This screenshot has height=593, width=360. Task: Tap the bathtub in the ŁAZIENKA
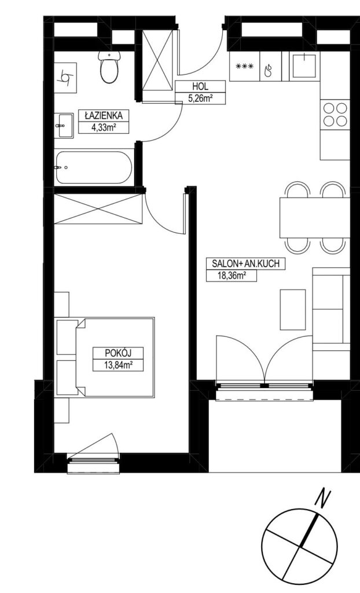[93, 167]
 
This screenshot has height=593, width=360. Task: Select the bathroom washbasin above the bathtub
[64, 125]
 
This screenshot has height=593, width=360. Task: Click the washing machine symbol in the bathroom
[65, 78]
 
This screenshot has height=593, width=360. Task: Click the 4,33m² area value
[103, 127]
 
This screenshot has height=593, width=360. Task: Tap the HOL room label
[200, 86]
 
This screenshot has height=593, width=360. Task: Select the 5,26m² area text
[200, 98]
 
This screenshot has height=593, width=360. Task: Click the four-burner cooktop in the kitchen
[335, 114]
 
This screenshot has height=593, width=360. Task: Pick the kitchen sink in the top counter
[304, 65]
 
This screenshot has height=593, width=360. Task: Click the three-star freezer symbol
[244, 67]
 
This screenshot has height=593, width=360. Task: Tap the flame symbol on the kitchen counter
[268, 71]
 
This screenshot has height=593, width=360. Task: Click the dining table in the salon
[315, 218]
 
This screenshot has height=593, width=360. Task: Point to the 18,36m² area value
[231, 276]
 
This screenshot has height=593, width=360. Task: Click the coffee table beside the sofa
[292, 309]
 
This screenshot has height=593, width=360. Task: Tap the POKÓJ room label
[118, 353]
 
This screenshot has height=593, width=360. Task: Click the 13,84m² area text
[118, 365]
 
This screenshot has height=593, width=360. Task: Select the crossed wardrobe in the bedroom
[98, 208]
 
